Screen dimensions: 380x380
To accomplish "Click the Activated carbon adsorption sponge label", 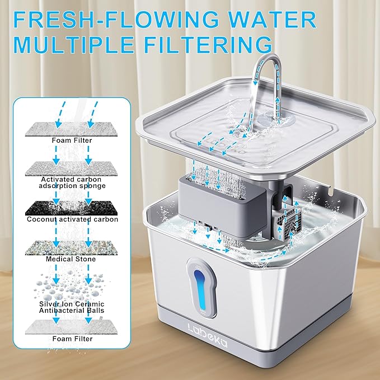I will pos(73,182).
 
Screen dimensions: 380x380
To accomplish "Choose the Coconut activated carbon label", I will pos(73,219).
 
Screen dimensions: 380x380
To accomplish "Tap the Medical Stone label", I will pos(73,259).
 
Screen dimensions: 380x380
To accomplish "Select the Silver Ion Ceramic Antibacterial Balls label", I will pos(73,306).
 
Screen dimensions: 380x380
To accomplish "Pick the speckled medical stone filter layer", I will pos(73,246).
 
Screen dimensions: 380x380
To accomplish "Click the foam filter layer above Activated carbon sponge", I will pos(73,128).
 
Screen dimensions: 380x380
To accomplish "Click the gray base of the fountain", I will pos(246,350).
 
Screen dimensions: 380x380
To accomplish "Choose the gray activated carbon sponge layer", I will pos(73,167).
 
